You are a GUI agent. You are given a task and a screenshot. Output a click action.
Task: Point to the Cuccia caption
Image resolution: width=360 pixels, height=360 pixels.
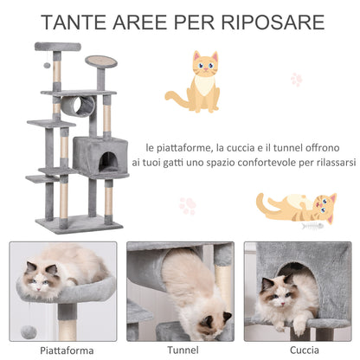point(296,350)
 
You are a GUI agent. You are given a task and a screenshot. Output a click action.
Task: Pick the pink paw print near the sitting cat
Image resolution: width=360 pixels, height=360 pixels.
point(297,80)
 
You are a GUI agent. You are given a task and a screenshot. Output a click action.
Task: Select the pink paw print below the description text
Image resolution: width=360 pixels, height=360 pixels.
point(188,206)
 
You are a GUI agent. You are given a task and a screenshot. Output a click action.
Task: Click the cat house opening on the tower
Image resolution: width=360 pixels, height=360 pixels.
point(111,160)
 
